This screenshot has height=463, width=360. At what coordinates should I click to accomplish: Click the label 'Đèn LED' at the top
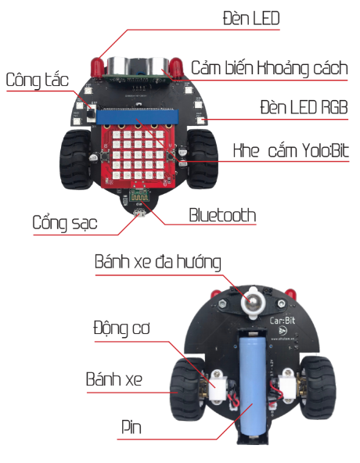(x=251, y=18)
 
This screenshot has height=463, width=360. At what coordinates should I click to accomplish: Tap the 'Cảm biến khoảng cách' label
(x=269, y=68)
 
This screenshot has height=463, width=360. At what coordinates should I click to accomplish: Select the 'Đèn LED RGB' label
(x=304, y=107)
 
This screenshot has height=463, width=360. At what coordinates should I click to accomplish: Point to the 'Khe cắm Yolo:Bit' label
(x=291, y=151)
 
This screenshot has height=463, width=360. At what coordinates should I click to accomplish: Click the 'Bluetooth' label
(x=222, y=215)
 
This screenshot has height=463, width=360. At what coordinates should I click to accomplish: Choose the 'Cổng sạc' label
(x=65, y=223)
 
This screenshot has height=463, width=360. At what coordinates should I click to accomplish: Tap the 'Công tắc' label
(x=38, y=80)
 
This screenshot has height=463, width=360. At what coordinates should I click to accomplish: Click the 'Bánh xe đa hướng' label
(x=158, y=262)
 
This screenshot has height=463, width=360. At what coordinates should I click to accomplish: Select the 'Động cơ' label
(x=122, y=328)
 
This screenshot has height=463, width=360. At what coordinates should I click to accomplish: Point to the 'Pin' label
(x=131, y=427)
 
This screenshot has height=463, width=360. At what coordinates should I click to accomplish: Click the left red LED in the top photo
(x=97, y=68)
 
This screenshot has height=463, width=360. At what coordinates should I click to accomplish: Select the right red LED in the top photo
(x=176, y=67)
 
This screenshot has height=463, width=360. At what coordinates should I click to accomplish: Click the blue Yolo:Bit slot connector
(x=138, y=117)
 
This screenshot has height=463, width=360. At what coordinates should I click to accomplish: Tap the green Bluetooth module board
(x=139, y=196)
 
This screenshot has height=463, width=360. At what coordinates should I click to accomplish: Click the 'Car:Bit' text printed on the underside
(x=283, y=321)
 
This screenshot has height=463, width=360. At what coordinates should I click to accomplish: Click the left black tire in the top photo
(x=75, y=160)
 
